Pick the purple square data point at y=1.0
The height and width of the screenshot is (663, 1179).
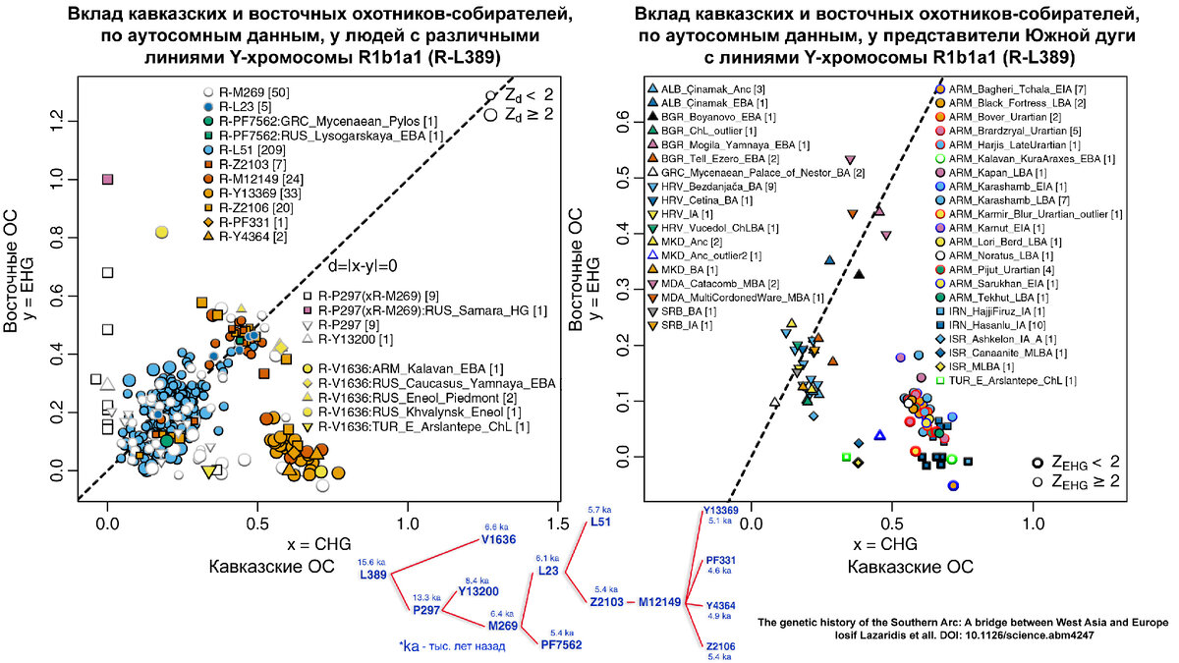(x=108, y=179)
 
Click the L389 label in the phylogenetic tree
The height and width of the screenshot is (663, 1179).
(x=373, y=575)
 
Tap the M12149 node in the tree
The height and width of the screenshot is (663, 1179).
(x=659, y=601)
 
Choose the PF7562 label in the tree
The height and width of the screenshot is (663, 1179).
(x=561, y=644)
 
